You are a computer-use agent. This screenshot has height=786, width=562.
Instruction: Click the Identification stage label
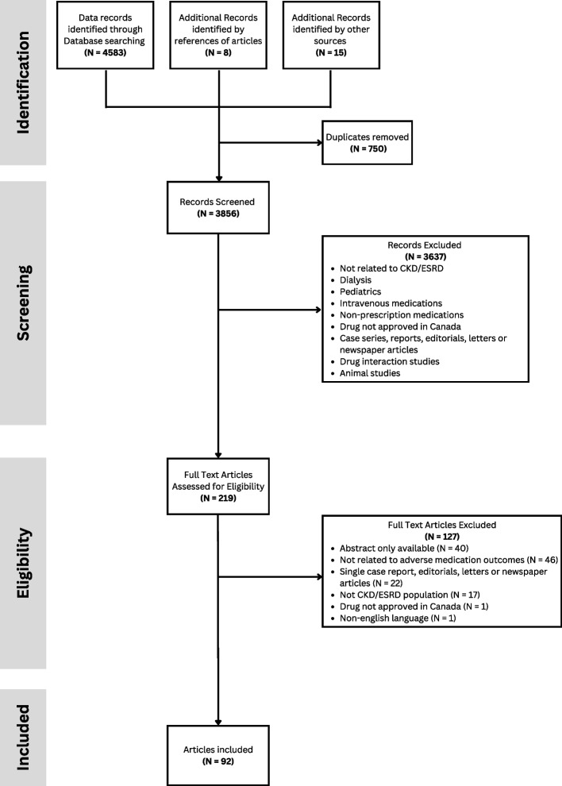pyautogui.click(x=23, y=83)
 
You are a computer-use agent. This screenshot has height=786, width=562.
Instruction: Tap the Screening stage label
pyautogui.click(x=23, y=302)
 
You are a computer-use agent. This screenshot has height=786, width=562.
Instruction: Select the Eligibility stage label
pyautogui.click(x=23, y=563)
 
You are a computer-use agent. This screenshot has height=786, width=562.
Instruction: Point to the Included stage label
pyautogui.click(x=23, y=738)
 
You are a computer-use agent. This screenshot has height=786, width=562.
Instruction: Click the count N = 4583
pyautogui.click(x=106, y=52)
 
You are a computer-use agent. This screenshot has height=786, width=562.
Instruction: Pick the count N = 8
pyautogui.click(x=218, y=52)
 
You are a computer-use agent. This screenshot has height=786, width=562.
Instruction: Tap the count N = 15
pyautogui.click(x=331, y=52)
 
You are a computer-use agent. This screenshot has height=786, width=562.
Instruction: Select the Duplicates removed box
pyautogui.click(x=368, y=142)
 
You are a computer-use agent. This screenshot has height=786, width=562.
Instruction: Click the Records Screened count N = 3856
pyautogui.click(x=218, y=214)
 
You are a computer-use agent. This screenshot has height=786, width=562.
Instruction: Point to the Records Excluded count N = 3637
pyautogui.click(x=425, y=256)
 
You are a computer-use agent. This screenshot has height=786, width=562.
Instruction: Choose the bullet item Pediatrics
pyautogui.click(x=360, y=291)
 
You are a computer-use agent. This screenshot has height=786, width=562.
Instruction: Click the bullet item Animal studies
pyautogui.click(x=369, y=373)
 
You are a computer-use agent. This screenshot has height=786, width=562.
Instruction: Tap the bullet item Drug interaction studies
pyautogui.click(x=389, y=361)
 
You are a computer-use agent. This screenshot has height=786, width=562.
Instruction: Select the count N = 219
pyautogui.click(x=218, y=499)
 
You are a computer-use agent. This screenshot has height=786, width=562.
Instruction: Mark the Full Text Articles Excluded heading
pyautogui.click(x=441, y=526)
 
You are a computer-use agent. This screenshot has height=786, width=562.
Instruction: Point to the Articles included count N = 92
pyautogui.click(x=218, y=761)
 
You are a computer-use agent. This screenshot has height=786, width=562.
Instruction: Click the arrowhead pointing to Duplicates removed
pyautogui.click(x=319, y=142)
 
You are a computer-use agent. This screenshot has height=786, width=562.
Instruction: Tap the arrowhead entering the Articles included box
pyautogui.click(x=218, y=722)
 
